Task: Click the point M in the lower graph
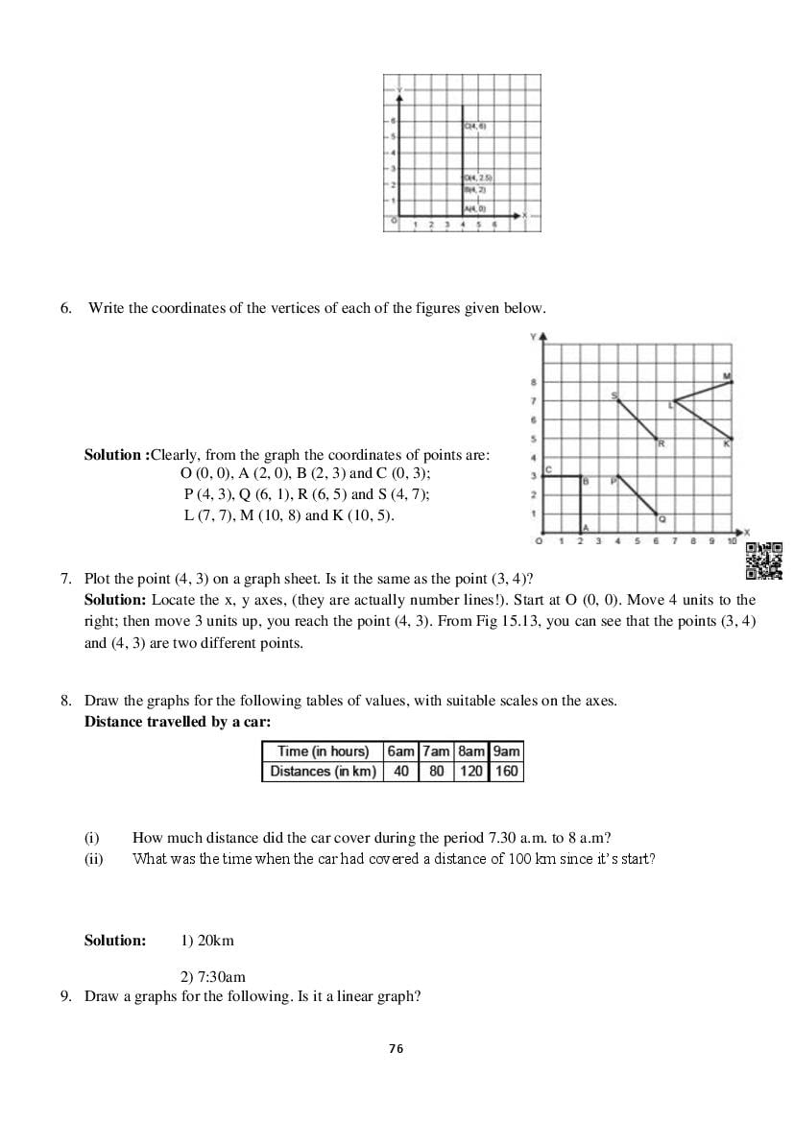tap(732, 382)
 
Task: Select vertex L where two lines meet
tap(675, 401)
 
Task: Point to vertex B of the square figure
tap(581, 476)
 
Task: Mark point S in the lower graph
tap(618, 400)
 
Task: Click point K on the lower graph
tap(732, 439)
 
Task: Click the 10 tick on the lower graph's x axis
tap(732, 542)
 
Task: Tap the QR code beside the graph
tap(764, 561)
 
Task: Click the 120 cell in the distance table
tap(471, 772)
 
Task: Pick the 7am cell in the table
tap(436, 752)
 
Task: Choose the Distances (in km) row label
tap(323, 772)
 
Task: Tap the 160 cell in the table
tap(506, 772)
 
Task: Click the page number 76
tap(397, 1049)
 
